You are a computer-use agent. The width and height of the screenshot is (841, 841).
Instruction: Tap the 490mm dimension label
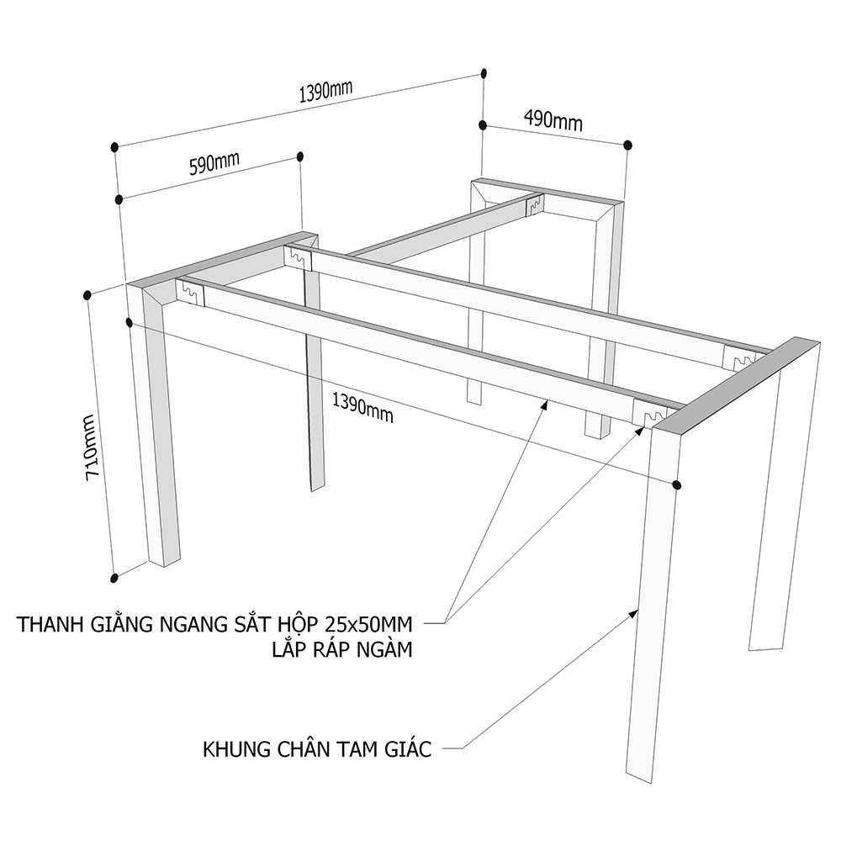pos(553,119)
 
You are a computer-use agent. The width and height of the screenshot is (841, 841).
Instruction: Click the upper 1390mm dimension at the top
pos(325,92)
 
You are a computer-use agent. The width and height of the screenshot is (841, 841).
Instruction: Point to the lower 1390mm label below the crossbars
pos(362,407)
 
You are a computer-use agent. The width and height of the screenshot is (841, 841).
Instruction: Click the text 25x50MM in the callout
pos(368,624)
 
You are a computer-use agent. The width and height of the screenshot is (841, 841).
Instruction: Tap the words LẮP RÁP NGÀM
pos(342,649)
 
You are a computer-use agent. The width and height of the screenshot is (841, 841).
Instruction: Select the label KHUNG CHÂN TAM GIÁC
pos(317,748)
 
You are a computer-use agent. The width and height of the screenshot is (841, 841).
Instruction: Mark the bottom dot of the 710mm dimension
pos(114,579)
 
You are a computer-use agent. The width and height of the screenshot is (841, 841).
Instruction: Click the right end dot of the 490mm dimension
pos(628,145)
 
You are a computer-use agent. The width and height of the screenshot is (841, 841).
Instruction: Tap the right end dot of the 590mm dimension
pos(300,156)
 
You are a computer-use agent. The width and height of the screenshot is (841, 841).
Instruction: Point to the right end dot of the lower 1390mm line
pos(677,485)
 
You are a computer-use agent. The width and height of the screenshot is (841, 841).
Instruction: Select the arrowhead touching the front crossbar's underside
pos(544,405)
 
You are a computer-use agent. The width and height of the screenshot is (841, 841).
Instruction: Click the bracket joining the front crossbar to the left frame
pos(190,293)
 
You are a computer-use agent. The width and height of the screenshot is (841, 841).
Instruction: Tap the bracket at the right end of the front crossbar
pos(649,414)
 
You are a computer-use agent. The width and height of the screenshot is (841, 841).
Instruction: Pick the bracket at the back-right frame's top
pos(534,204)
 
